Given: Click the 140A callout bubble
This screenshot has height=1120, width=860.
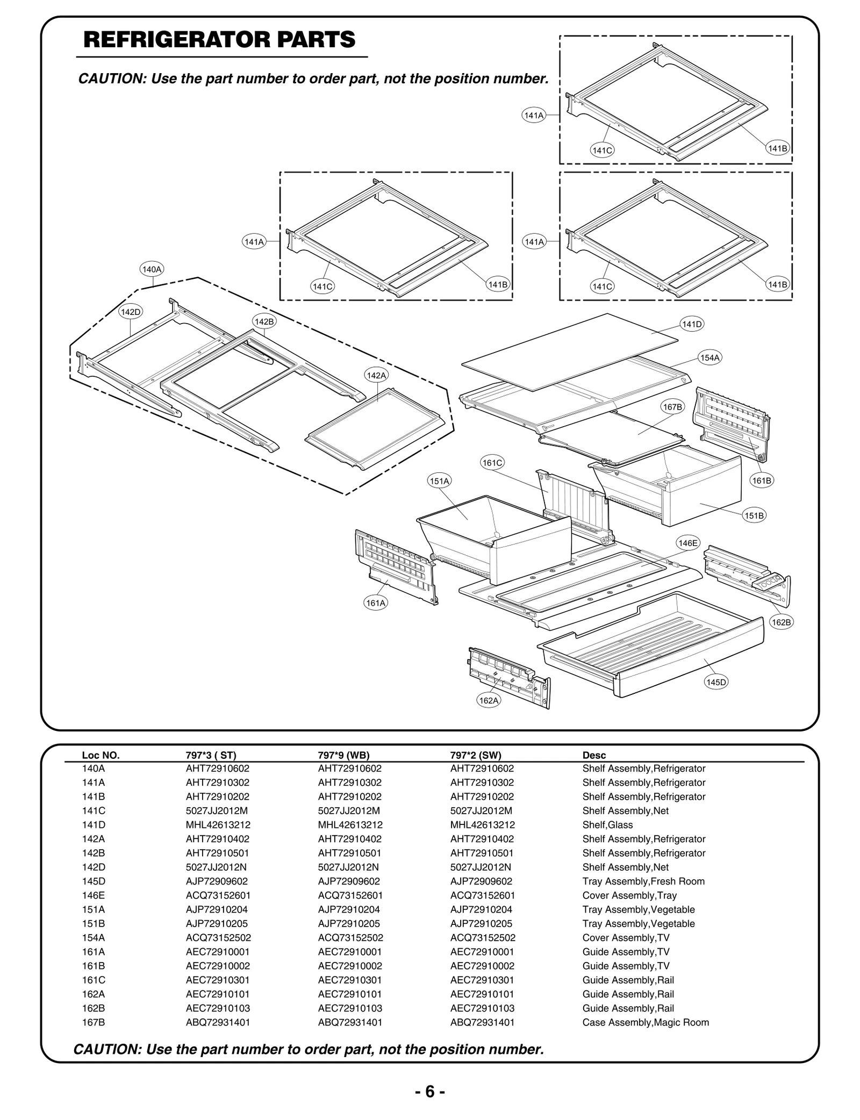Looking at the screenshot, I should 152,269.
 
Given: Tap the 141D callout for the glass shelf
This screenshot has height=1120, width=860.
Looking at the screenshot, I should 692,324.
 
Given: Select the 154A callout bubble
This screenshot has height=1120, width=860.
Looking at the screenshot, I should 709,357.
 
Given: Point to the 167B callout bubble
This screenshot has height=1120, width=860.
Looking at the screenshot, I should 672,407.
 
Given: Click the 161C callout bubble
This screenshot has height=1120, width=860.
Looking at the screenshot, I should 492,463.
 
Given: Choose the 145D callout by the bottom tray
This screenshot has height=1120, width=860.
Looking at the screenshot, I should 716,682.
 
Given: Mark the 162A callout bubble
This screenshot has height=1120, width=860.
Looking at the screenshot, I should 489,700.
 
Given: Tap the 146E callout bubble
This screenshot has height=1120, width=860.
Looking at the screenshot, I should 687,543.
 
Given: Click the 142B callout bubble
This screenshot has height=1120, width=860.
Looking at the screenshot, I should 264,321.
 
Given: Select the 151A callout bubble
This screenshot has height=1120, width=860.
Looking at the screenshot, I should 440,481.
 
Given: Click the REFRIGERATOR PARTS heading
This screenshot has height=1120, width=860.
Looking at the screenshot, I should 219,40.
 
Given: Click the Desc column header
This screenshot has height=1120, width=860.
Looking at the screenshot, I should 594,755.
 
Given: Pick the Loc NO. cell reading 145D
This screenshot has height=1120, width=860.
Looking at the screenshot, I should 94,881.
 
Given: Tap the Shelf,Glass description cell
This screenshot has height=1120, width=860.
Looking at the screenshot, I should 607,824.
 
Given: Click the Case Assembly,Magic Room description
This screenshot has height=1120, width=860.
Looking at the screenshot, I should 646,1022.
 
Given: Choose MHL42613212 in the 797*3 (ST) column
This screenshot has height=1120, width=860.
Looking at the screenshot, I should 218,824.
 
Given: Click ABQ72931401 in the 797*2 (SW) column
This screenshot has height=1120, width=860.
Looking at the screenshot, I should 482,1022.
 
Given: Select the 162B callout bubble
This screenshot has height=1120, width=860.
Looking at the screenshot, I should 781,622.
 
